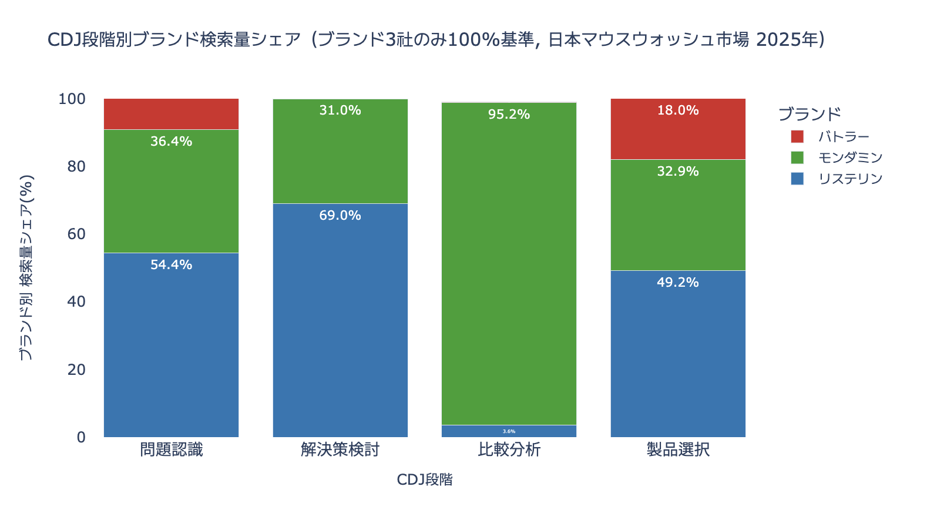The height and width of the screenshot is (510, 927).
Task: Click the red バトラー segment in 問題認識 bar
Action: (171, 114)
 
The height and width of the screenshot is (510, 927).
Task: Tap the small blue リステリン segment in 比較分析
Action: (509, 431)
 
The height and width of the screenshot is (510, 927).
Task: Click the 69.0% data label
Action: (340, 216)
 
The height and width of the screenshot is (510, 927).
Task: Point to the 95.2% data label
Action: (509, 115)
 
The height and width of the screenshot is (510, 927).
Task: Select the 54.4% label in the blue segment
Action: (171, 265)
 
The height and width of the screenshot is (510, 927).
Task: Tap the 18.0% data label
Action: (678, 110)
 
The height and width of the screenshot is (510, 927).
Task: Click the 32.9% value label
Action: (678, 172)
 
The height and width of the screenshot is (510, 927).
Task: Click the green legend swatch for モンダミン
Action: (797, 157)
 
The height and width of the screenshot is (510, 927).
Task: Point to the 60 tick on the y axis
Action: (76, 234)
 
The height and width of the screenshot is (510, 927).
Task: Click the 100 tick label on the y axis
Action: (72, 99)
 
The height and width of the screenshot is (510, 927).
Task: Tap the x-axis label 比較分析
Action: (509, 450)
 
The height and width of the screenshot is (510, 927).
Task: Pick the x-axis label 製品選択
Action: (678, 450)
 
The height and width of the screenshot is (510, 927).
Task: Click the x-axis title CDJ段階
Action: (425, 480)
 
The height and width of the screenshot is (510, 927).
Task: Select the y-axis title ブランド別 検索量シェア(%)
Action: (26, 267)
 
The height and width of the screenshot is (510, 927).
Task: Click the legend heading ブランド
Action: (810, 114)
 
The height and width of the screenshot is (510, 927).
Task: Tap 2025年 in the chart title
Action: (789, 40)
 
